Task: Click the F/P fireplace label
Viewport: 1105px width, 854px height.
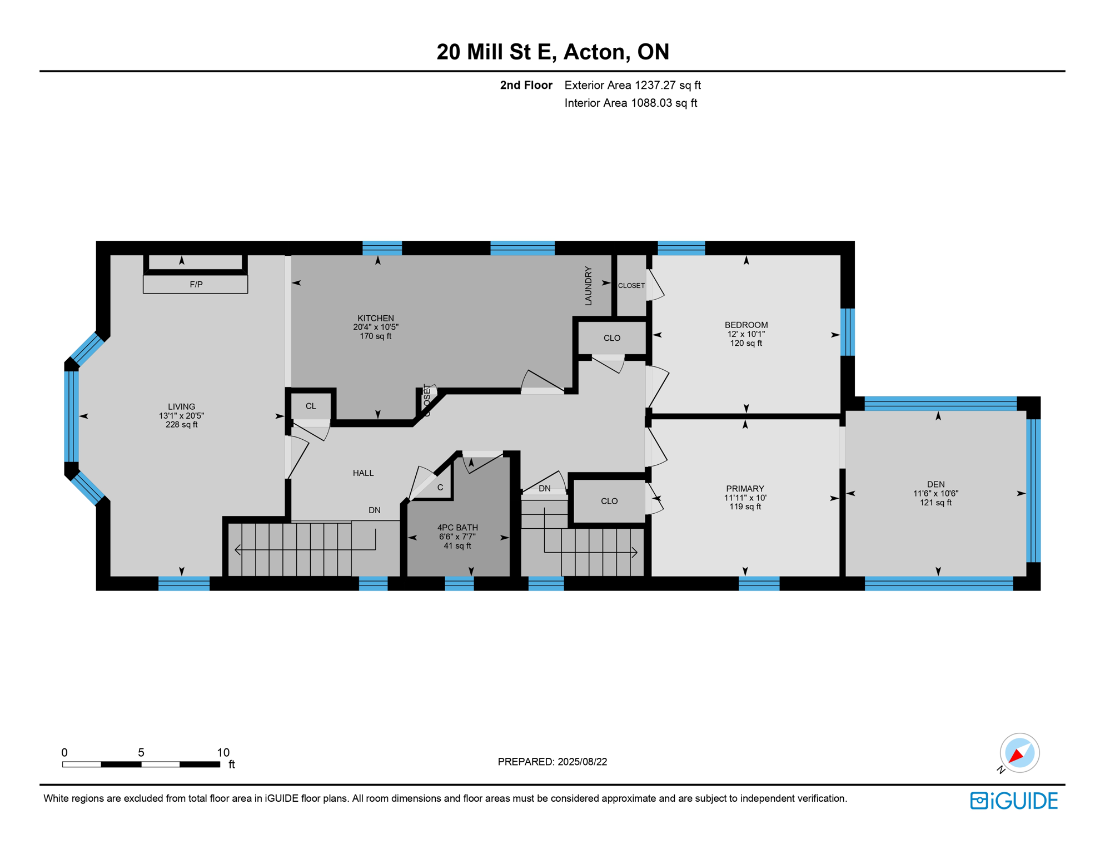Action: pyautogui.click(x=196, y=284)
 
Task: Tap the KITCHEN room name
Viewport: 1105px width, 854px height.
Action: pyautogui.click(x=376, y=318)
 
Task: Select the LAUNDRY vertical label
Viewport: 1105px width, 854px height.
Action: pyautogui.click(x=588, y=286)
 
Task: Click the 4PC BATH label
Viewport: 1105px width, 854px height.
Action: pyautogui.click(x=457, y=528)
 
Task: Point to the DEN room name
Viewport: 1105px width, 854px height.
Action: pyautogui.click(x=935, y=484)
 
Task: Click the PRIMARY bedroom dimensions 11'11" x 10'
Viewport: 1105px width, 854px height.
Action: pyautogui.click(x=745, y=498)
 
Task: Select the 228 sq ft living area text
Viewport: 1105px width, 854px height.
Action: pyautogui.click(x=181, y=425)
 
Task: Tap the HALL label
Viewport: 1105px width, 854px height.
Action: pyautogui.click(x=363, y=473)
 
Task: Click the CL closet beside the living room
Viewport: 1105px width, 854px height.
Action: pyautogui.click(x=311, y=406)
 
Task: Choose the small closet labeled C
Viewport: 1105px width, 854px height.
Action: pyautogui.click(x=440, y=488)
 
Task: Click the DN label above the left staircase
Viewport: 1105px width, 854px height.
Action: pyautogui.click(x=375, y=510)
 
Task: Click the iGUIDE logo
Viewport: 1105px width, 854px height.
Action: pyautogui.click(x=1014, y=801)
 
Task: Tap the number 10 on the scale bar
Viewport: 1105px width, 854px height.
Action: pyautogui.click(x=223, y=752)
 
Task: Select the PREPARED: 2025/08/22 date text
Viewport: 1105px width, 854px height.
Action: pyautogui.click(x=552, y=762)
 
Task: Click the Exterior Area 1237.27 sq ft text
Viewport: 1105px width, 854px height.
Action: pyautogui.click(x=632, y=85)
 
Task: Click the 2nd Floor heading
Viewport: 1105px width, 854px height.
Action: pyautogui.click(x=526, y=85)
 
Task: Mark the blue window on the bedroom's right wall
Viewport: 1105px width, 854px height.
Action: pyautogui.click(x=847, y=332)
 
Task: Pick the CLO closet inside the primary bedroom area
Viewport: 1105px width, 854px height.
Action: pyautogui.click(x=609, y=501)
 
